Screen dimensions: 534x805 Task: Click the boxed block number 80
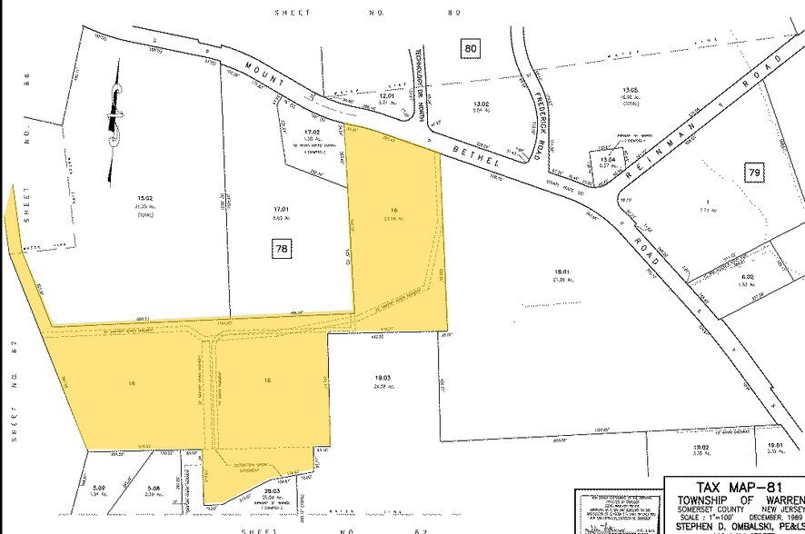click(x=470, y=47)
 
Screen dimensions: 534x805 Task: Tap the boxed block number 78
click(x=282, y=248)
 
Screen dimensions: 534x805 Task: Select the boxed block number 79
click(x=753, y=173)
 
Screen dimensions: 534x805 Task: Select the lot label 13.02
click(x=480, y=104)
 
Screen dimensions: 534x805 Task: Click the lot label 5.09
click(x=99, y=489)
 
